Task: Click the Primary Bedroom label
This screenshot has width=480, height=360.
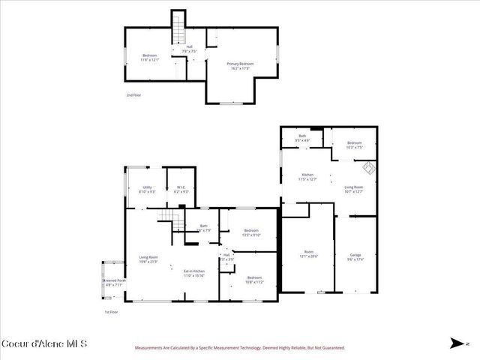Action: click(x=240, y=65)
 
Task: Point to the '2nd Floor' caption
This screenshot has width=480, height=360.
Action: click(x=133, y=95)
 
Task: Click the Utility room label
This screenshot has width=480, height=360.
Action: click(x=147, y=189)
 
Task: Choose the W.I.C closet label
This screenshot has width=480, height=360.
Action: click(x=181, y=189)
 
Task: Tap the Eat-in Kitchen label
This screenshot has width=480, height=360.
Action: click(x=194, y=273)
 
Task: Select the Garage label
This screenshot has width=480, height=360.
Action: click(x=355, y=256)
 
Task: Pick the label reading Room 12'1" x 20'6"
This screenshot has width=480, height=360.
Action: click(x=308, y=253)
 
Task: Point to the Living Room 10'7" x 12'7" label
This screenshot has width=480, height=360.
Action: click(x=353, y=189)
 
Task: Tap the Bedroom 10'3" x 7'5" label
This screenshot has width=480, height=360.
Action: click(x=353, y=145)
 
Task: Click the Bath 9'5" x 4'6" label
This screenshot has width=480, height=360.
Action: click(x=302, y=138)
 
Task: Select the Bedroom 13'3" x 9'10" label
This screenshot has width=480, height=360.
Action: click(x=250, y=232)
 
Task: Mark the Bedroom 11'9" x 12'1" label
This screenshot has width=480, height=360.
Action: click(x=149, y=58)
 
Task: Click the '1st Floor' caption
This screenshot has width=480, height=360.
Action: click(x=112, y=312)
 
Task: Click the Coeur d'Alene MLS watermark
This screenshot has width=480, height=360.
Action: click(x=45, y=344)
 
